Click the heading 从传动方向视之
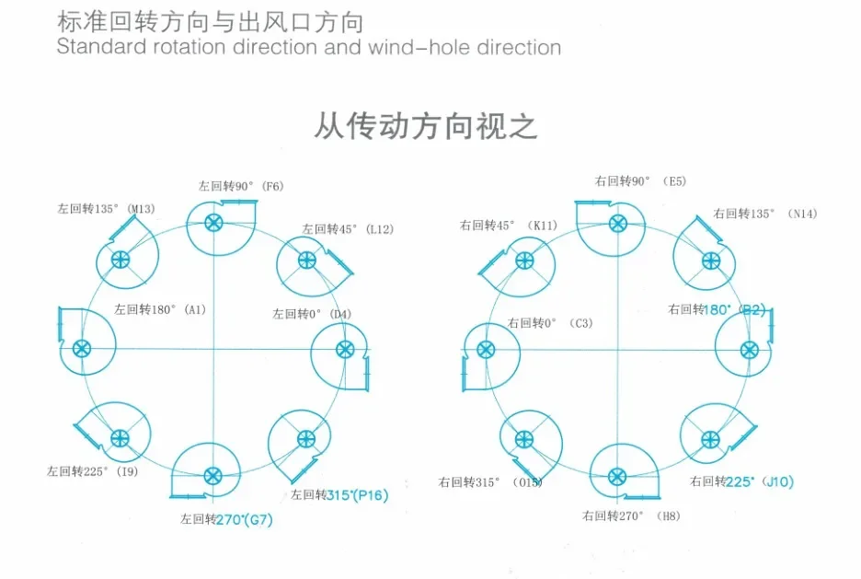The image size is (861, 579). (426, 126)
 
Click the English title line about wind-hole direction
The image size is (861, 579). (309, 47)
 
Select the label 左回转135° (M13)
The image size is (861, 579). (106, 209)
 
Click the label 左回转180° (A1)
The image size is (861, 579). (160, 309)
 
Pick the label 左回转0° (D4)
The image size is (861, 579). (312, 314)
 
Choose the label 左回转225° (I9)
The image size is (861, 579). (93, 471)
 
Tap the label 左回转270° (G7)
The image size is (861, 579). (227, 519)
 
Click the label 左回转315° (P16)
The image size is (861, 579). (339, 495)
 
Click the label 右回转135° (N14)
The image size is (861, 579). (765, 214)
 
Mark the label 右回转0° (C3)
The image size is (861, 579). (551, 323)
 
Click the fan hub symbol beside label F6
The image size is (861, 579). (214, 222)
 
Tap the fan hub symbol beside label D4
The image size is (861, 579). (345, 350)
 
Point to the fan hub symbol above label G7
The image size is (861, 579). (212, 476)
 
